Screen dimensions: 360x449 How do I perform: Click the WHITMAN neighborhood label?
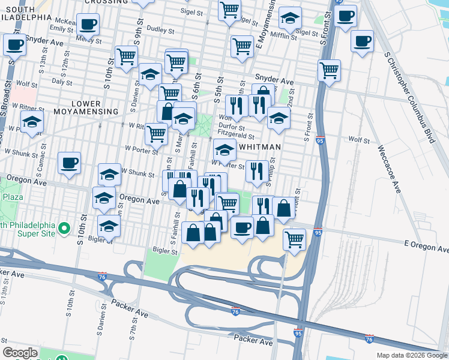click(x=261, y=146)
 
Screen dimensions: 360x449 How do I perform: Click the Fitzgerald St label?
click(x=237, y=137)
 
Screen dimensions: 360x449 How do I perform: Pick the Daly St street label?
click(x=62, y=80)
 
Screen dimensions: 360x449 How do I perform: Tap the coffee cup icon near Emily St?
click(x=88, y=25)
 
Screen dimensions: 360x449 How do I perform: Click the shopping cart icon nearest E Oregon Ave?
click(x=294, y=239)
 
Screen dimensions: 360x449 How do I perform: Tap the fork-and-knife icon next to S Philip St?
click(x=256, y=171)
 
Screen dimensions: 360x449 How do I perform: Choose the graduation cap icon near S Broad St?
click(x=32, y=122)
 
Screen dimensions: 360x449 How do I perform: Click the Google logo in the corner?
click(x=20, y=353)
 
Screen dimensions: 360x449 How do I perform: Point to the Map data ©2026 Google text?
click(x=411, y=355)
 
